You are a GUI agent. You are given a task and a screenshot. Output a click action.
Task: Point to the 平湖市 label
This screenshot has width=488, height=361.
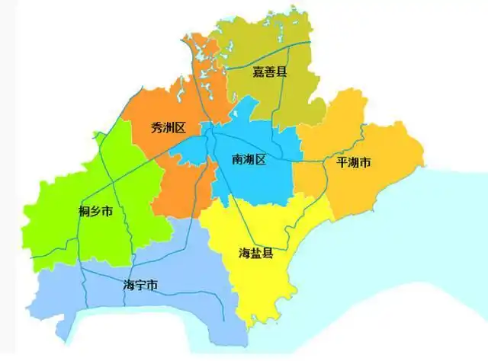[x=353, y=163]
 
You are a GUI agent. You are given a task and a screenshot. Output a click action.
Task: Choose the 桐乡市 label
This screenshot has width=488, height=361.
[x=96, y=211]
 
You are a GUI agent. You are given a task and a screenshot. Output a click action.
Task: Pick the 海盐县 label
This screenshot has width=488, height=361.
[x=256, y=253]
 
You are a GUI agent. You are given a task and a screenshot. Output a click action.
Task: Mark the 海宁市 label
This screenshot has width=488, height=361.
[x=140, y=286]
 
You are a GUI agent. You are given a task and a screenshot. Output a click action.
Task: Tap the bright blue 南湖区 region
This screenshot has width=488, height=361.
[x=252, y=183]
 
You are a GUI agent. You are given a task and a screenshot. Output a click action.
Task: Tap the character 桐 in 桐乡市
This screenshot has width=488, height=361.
[x=85, y=211]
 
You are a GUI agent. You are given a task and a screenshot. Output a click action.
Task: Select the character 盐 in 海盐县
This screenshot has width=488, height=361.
[x=256, y=253]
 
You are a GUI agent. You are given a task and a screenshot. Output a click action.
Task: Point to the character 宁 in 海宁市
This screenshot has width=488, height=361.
[x=140, y=286]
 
